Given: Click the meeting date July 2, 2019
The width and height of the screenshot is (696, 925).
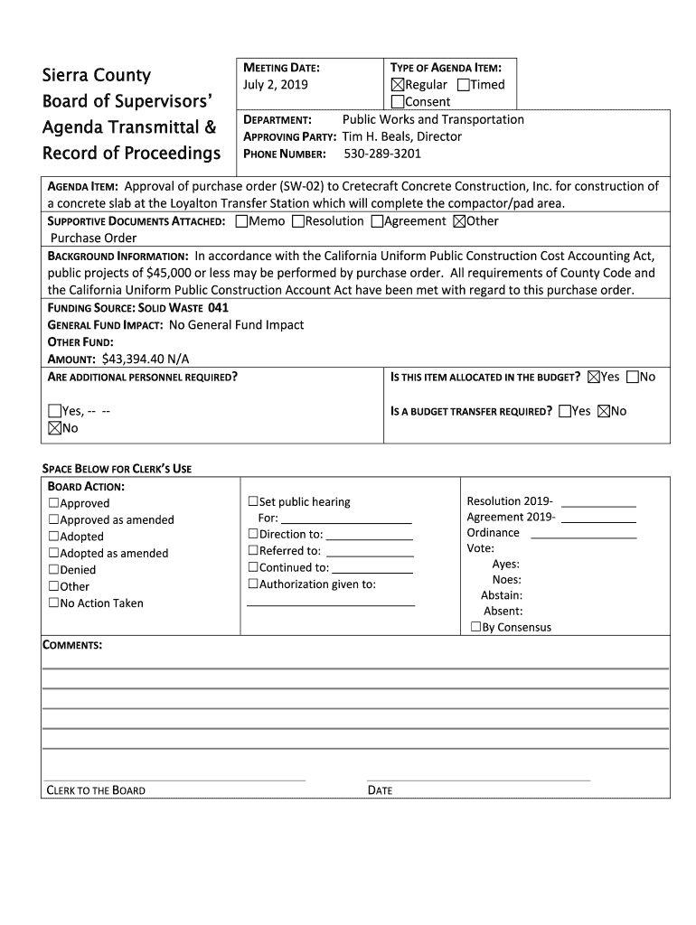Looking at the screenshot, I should click(x=276, y=85).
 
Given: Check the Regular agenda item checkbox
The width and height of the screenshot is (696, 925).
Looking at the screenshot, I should click(x=397, y=85).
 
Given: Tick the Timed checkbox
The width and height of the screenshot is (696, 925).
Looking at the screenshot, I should click(x=464, y=85).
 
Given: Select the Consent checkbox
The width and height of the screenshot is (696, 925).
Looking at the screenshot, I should click(x=397, y=102).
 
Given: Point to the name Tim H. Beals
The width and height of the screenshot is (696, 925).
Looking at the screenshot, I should click(x=376, y=136).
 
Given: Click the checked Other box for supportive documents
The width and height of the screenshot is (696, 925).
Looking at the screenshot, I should click(x=458, y=221).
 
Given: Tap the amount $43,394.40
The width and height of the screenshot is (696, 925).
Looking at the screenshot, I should click(x=120, y=359).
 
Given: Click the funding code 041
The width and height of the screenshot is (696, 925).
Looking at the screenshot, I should click(x=219, y=307).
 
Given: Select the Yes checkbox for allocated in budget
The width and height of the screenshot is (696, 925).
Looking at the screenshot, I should click(x=594, y=377).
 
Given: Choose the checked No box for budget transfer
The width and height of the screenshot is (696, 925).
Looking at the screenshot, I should click(x=604, y=411).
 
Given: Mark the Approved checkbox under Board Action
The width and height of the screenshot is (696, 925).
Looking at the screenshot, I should click(x=54, y=503).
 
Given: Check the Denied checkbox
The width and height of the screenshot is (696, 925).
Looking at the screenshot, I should click(x=54, y=570).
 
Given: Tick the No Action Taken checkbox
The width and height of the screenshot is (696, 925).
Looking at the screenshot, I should click(x=54, y=603).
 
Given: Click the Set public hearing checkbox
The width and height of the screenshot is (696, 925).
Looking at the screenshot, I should click(x=253, y=502).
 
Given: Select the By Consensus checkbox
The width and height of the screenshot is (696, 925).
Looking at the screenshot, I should click(x=476, y=627).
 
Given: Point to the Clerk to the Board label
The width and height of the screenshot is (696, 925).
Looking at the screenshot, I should click(x=96, y=790).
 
